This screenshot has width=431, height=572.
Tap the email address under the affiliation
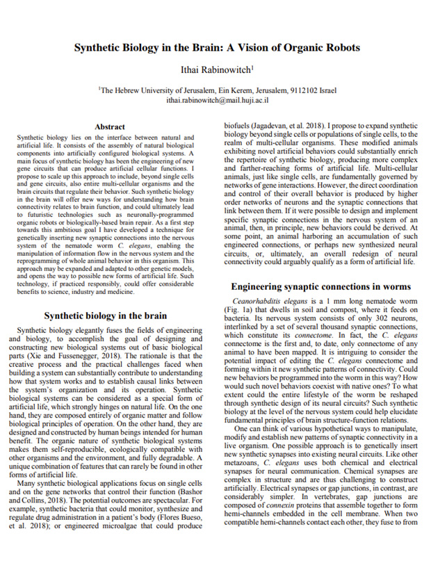[x=217, y=100]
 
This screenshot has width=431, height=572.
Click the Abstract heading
[x=109, y=127]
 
